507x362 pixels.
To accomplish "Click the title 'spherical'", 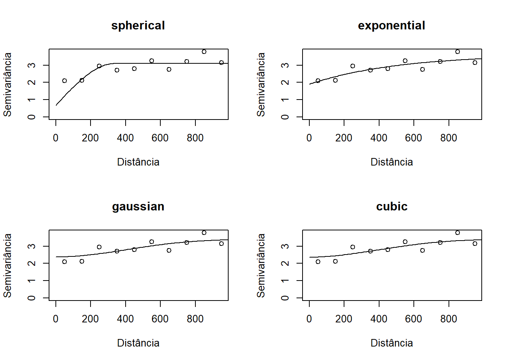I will (138, 26).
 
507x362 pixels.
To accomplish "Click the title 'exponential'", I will (392, 26).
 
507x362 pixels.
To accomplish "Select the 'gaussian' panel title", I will (138, 207).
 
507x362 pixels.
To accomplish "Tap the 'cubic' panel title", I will (392, 207).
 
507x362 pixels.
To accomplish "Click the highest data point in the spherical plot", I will (204, 52).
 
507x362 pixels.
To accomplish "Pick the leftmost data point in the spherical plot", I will (65, 81).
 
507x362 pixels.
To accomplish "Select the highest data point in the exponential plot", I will (458, 52).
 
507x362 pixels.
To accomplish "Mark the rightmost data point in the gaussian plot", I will (221, 244).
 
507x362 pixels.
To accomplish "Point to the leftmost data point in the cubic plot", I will (318, 262).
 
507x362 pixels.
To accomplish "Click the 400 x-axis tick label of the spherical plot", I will (125, 138).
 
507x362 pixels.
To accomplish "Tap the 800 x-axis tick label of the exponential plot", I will (449, 138).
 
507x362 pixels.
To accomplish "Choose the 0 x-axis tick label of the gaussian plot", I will (56, 319).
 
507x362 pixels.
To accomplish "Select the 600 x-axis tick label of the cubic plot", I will (413, 319).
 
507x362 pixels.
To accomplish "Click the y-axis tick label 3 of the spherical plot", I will (32, 65).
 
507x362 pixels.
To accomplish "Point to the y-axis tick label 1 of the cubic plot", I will (286, 281).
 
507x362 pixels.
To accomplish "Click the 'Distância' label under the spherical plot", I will (138, 162).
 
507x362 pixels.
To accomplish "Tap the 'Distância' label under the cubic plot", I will (392, 343).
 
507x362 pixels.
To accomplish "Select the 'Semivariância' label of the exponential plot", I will (261, 84).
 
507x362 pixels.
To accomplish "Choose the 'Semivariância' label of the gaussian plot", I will (8, 265).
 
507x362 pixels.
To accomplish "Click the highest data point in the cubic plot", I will (458, 233).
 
